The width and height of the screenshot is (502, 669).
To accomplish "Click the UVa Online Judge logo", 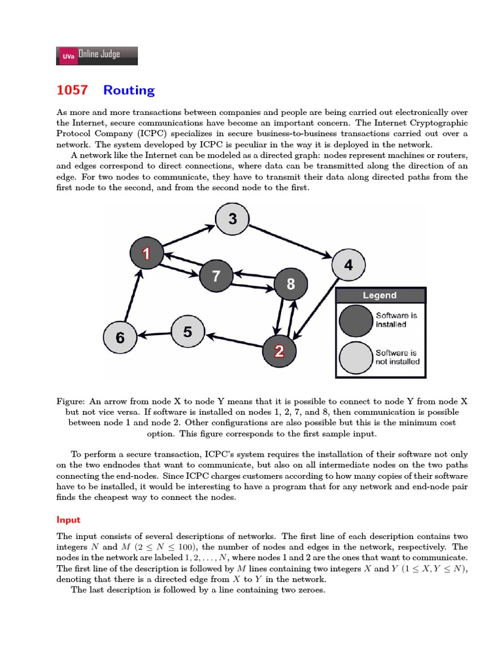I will click(x=97, y=56).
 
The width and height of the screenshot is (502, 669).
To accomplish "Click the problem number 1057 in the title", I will click(x=72, y=90).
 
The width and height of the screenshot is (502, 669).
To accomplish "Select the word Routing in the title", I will click(x=129, y=90).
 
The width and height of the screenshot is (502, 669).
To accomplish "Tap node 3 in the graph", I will click(x=232, y=220).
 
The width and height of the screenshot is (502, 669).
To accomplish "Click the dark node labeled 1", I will click(x=146, y=253).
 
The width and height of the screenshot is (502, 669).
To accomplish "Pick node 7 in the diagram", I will click(x=216, y=276).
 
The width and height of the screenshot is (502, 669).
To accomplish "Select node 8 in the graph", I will click(x=290, y=284).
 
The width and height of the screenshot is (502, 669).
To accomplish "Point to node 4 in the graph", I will click(x=348, y=265).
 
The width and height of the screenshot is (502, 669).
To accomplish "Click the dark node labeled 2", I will click(x=279, y=351).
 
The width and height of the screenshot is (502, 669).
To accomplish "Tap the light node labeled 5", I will click(x=188, y=332).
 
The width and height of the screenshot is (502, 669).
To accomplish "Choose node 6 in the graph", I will click(x=120, y=338).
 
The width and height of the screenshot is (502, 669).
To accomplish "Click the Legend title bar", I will click(x=380, y=295).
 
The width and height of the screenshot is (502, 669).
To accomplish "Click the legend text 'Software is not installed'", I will click(x=397, y=357).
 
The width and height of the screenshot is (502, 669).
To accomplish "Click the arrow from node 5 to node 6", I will click(x=154, y=334).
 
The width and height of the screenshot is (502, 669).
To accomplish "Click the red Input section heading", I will click(x=69, y=520).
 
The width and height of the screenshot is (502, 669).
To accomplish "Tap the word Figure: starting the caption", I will click(x=71, y=400).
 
